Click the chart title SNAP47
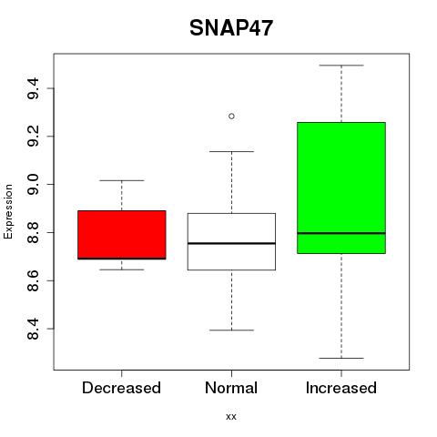(x=231, y=28)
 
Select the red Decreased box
(x=122, y=235)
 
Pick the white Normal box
(x=231, y=241)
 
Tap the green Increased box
(x=341, y=188)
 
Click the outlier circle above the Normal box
(x=231, y=117)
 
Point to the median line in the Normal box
(x=231, y=243)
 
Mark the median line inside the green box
(x=341, y=233)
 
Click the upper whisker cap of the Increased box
(x=341, y=66)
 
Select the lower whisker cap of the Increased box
(x=341, y=358)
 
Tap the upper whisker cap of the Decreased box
(x=122, y=180)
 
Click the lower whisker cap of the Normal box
(x=231, y=330)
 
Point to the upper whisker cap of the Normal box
(x=231, y=151)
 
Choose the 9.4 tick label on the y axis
(x=33, y=88)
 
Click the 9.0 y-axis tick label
(x=33, y=185)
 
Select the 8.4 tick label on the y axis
(x=33, y=329)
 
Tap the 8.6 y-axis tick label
(x=33, y=280)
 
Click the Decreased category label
(x=121, y=388)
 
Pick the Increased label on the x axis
(x=341, y=388)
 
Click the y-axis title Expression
(x=8, y=211)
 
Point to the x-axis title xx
(x=231, y=417)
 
